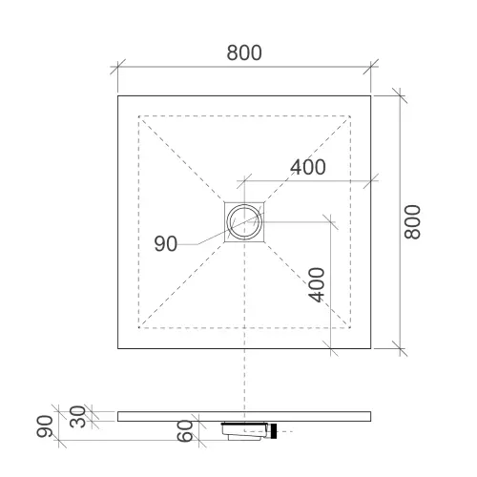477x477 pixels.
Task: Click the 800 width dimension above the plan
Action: (x=244, y=52)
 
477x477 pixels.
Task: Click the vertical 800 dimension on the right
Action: (x=412, y=221)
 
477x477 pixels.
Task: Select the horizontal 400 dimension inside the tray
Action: (x=308, y=167)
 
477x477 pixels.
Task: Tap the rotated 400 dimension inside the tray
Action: (x=317, y=284)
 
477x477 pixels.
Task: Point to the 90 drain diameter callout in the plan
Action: (x=166, y=244)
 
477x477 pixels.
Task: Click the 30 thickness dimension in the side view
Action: (x=77, y=417)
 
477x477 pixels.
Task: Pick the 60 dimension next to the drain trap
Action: (x=185, y=431)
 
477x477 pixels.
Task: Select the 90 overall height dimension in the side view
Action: (x=45, y=426)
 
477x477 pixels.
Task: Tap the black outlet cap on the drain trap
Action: (x=273, y=431)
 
